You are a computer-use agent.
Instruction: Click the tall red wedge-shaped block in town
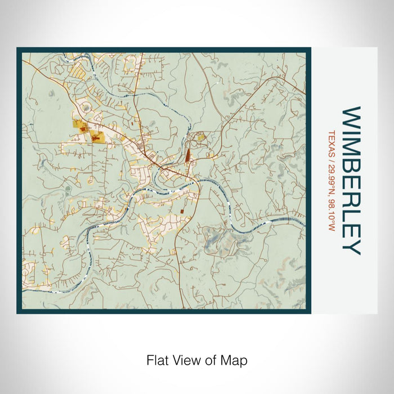[x=188, y=153]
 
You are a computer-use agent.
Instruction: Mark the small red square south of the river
[x=182, y=211]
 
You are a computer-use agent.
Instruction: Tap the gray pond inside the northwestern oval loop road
[x=68, y=188]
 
